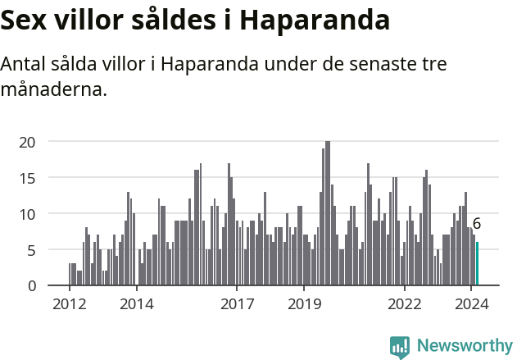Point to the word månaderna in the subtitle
[x=53, y=89]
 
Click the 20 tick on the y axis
[x=28, y=142]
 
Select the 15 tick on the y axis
[x=28, y=178]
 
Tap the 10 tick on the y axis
[x=28, y=214]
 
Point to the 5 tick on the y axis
[x=32, y=250]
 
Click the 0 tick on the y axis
[x=32, y=285]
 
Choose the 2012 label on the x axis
[x=69, y=303]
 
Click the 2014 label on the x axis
[x=136, y=303]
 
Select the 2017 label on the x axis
[x=237, y=303]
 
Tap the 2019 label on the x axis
[x=304, y=303]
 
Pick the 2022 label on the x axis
[x=404, y=303]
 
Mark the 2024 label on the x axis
[x=471, y=303]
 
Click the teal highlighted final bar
[x=477, y=264]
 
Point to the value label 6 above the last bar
[x=477, y=224]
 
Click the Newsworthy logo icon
[x=400, y=347]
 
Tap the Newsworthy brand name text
[x=464, y=346]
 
